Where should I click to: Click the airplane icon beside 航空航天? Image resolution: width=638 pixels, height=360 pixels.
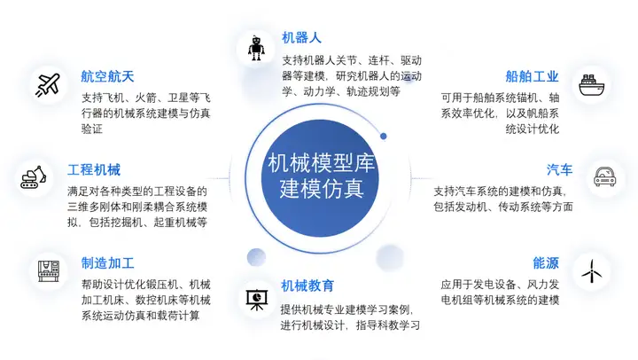(48, 83)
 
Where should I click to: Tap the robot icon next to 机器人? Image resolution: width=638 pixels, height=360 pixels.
(257, 46)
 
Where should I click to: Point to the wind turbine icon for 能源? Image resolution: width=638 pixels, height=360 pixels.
(590, 270)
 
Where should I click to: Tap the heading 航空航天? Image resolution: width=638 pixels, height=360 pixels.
(106, 76)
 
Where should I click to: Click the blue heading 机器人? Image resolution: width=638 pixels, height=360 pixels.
(301, 38)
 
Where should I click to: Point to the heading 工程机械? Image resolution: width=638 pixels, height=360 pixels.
(93, 170)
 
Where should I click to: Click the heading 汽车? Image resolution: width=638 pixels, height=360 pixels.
(558, 170)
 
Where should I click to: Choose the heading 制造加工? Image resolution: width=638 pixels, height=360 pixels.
(107, 263)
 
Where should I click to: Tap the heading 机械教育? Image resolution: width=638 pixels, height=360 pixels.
(307, 286)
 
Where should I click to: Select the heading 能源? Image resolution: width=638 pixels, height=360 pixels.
(546, 263)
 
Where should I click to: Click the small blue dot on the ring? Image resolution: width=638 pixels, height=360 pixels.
(383, 137)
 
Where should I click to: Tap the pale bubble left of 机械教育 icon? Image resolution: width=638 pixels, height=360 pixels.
(257, 256)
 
